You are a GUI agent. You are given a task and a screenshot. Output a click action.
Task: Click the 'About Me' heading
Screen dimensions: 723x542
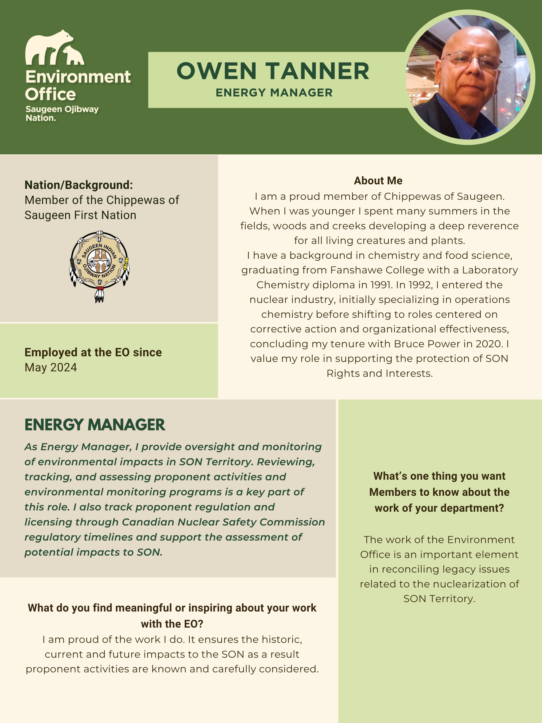tap(378, 180)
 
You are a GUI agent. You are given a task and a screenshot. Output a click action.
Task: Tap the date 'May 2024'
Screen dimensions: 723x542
tap(51, 367)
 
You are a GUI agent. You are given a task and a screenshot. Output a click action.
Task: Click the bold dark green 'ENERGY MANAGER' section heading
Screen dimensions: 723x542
tap(95, 425)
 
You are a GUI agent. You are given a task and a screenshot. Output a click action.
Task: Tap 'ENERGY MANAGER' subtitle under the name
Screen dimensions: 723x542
tap(274, 92)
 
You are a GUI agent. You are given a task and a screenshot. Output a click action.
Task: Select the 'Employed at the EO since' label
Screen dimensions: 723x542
tap(93, 352)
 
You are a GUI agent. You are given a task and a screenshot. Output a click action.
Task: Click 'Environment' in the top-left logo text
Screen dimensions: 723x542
tap(78, 77)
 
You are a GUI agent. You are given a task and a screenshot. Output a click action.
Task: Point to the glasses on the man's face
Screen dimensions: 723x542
tap(470, 60)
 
